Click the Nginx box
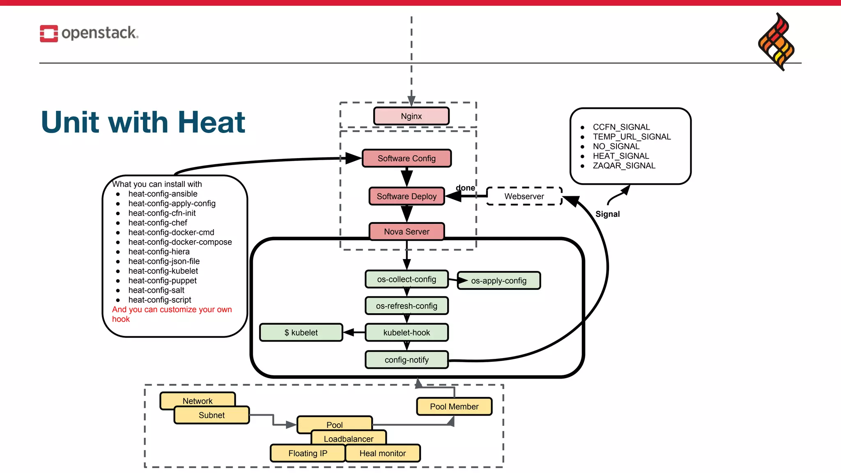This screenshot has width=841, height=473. point(411,116)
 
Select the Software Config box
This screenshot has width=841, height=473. point(407,158)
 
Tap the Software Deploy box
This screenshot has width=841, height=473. point(407,196)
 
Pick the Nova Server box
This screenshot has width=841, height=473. point(407,232)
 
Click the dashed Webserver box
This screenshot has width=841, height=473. point(524,196)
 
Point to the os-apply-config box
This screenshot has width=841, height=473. point(499,281)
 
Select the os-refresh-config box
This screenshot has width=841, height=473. point(407,306)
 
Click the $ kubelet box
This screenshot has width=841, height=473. point(301,333)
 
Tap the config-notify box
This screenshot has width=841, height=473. point(407,360)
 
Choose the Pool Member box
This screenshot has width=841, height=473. point(454,406)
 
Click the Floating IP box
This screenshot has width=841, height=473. point(308,453)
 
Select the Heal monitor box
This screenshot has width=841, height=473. point(382,453)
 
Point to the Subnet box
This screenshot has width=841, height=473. point(211,415)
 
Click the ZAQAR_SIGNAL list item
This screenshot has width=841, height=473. point(624,165)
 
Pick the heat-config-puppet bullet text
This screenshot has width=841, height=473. point(162,280)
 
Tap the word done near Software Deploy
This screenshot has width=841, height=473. point(465,188)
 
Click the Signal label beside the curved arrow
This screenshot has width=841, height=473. point(607,214)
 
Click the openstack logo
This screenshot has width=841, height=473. point(89,33)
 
